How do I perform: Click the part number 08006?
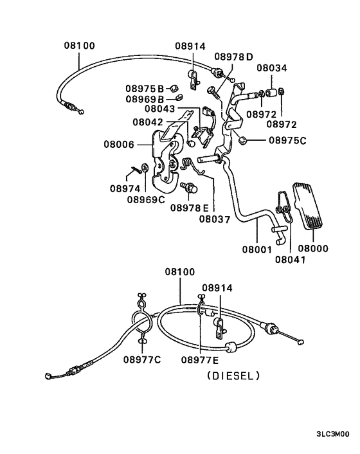(x=119, y=145)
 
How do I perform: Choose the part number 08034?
(x=273, y=68)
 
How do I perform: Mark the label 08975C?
(x=288, y=140)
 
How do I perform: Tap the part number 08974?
(x=125, y=188)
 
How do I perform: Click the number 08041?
(x=291, y=260)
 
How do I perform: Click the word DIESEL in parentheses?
(x=233, y=376)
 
